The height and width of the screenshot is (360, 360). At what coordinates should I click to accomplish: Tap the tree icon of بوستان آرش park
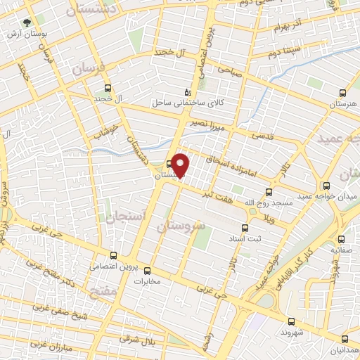tap(27, 22)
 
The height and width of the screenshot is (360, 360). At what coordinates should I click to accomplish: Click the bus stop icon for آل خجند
tap(107, 89)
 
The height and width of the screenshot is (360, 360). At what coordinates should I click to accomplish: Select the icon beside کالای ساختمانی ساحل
tap(186, 91)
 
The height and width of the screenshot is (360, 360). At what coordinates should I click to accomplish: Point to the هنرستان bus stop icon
tap(342, 93)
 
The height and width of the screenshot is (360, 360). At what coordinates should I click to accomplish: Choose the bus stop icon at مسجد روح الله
tap(269, 191)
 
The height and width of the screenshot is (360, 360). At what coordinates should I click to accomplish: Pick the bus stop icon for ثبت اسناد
tap(245, 228)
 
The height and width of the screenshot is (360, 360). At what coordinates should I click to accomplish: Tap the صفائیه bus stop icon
tap(341, 239)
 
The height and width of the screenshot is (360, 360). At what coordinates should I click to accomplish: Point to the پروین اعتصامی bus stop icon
tap(114, 256)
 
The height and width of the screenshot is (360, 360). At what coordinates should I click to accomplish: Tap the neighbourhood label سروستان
tap(182, 226)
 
